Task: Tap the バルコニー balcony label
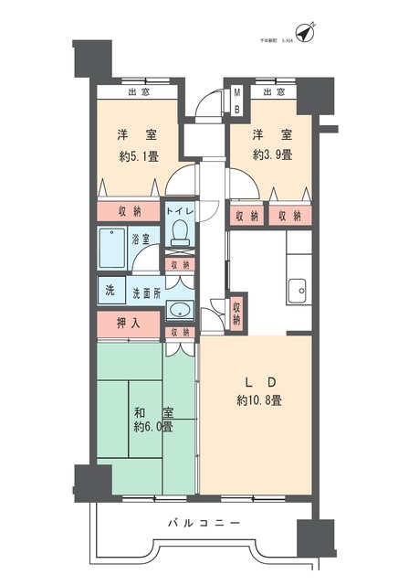coord(204,524)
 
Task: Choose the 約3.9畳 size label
coord(273,154)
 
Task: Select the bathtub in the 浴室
coord(113,246)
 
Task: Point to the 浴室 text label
coord(143,239)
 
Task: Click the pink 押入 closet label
coord(129,324)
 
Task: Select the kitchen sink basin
coord(298,292)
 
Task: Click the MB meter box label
coord(236,100)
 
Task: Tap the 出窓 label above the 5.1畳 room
coord(138,92)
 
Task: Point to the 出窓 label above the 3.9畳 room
coord(272,92)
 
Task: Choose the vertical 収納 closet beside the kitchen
coord(236,313)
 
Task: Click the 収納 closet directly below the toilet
coord(180,264)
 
